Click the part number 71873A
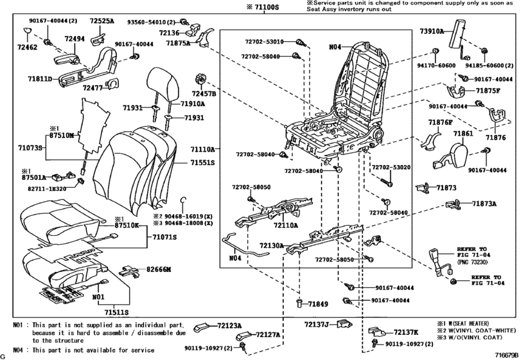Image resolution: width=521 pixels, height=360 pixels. pyautogui.click(x=486, y=203)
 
